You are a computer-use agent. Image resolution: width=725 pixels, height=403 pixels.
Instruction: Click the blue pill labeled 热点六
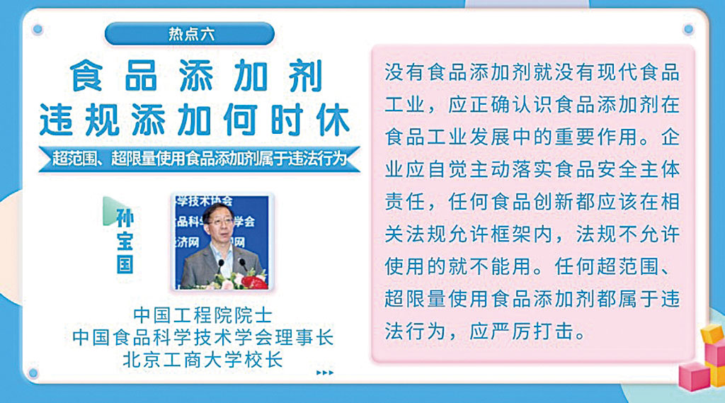(190, 34)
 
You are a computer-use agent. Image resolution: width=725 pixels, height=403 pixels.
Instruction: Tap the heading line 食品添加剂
(196, 76)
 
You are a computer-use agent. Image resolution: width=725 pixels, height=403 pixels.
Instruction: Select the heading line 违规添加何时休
(194, 120)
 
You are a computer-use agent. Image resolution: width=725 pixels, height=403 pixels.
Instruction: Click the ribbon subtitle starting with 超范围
(199, 159)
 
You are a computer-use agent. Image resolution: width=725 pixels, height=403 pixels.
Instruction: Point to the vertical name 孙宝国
(125, 241)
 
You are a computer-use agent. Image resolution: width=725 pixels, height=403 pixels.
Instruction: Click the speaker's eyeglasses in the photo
(221, 221)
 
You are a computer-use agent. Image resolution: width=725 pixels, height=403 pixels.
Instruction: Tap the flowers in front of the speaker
(241, 280)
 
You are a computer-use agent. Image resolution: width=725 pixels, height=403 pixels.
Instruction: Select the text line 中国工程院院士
(202, 316)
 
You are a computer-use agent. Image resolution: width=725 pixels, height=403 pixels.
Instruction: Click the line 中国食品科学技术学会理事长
(202, 337)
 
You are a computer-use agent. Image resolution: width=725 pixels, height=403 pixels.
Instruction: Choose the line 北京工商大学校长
(202, 360)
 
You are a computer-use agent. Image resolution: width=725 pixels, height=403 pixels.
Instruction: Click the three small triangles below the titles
(324, 373)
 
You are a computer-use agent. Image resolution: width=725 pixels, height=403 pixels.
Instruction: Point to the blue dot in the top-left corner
(38, 30)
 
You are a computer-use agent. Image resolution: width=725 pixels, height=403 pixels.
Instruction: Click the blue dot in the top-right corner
(688, 30)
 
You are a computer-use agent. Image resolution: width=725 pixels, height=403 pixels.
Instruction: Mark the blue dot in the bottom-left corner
(33, 373)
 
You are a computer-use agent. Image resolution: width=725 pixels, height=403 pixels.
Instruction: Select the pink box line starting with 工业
(532, 105)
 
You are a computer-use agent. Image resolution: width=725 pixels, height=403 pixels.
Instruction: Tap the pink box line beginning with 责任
(532, 202)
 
